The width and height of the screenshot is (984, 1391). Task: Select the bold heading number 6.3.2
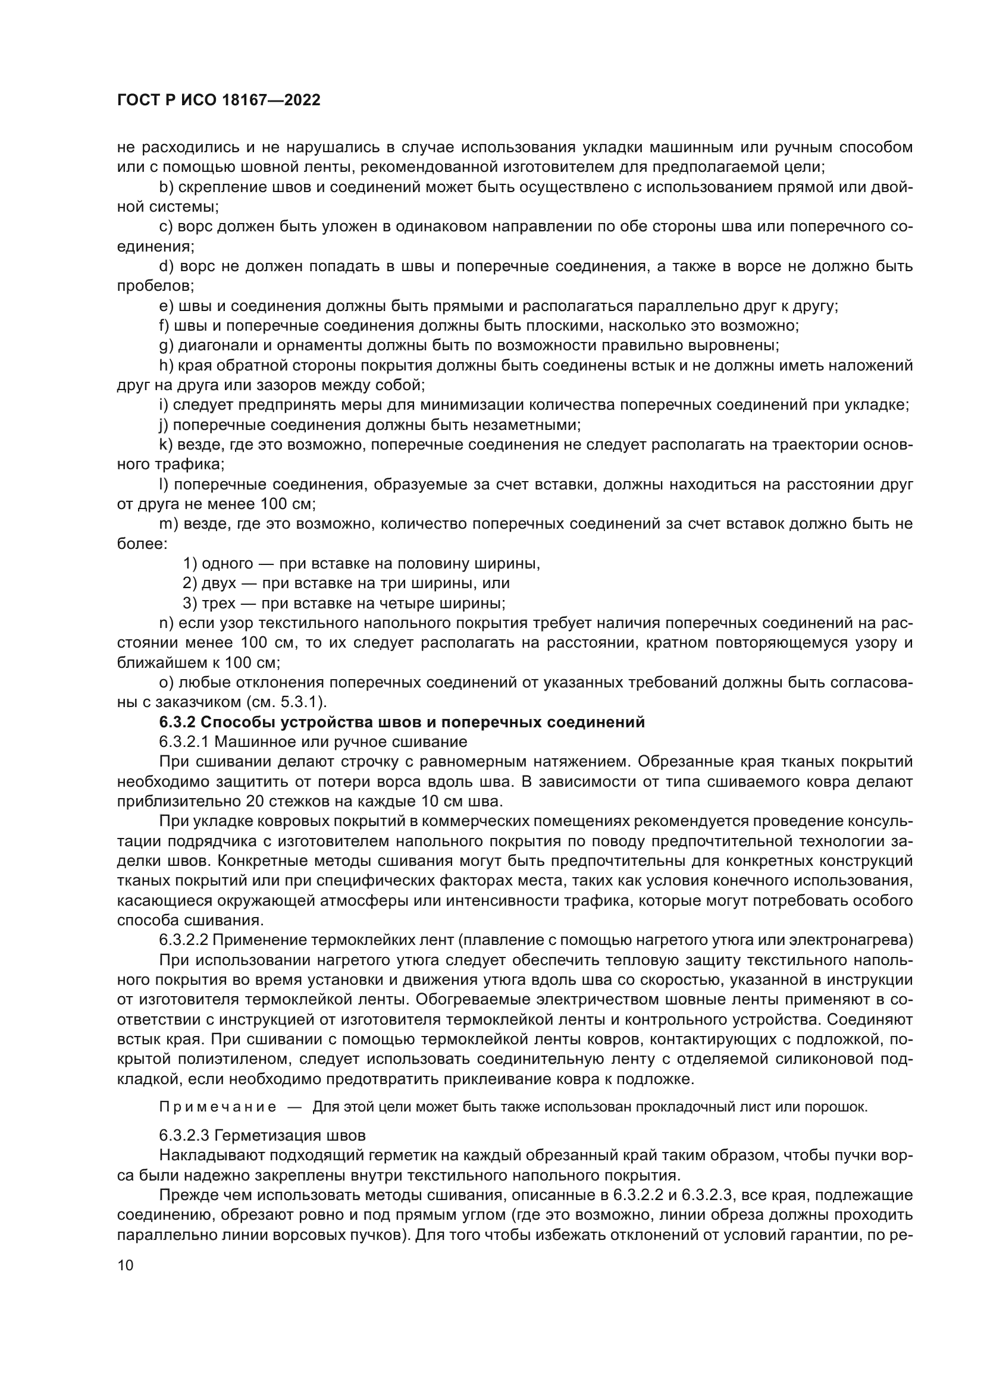[x=177, y=722]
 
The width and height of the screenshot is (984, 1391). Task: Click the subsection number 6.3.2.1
[x=184, y=742]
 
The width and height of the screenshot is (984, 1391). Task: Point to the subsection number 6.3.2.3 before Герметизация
[x=184, y=1135]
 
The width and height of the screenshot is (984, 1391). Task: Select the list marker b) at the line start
[x=166, y=187]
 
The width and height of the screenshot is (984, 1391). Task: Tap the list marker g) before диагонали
[x=166, y=346]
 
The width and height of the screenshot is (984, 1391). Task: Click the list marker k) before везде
[x=165, y=445]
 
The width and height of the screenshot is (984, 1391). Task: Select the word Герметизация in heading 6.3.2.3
[x=285, y=1135]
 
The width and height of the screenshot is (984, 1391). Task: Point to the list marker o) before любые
[x=166, y=683]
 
